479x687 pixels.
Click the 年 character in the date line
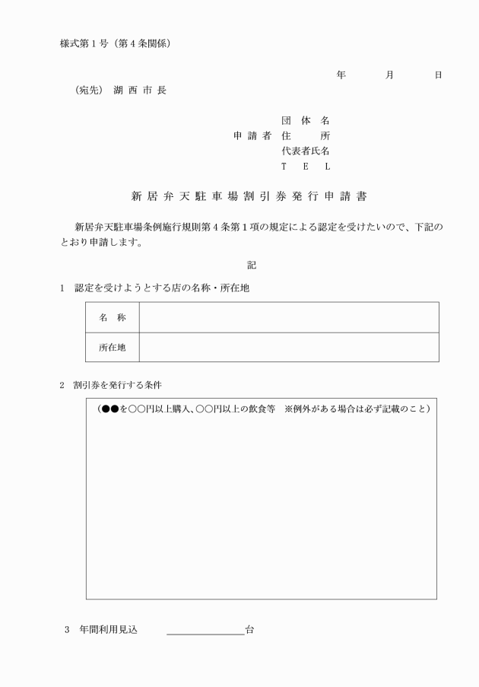(341, 75)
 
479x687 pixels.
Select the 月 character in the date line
(389, 75)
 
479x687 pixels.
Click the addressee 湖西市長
(140, 90)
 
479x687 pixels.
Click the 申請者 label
(252, 136)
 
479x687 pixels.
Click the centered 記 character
(252, 265)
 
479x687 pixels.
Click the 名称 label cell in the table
(112, 317)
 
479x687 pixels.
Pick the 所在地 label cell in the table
(112, 347)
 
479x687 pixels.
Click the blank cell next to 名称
(288, 317)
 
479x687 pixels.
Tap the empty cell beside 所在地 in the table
(288, 347)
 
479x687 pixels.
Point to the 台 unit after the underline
(249, 630)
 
